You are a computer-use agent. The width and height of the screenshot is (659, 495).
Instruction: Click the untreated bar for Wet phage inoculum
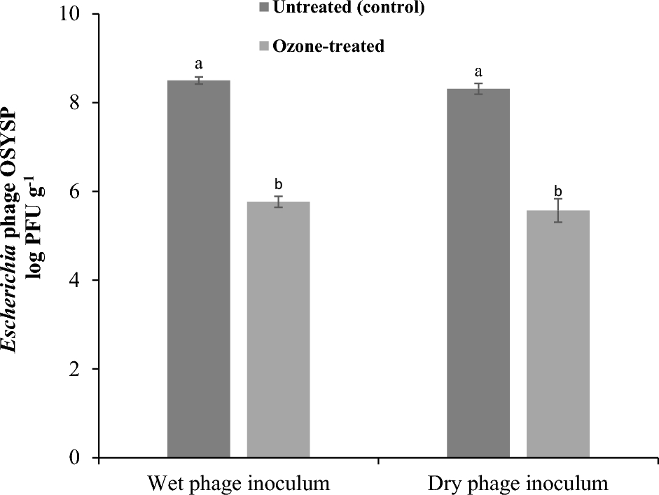[x=199, y=269]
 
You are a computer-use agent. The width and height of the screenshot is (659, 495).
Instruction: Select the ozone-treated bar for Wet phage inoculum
[x=278, y=329]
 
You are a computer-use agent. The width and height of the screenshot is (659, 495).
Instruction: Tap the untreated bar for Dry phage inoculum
[x=478, y=273]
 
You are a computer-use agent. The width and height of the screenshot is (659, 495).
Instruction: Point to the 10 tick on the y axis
[x=72, y=15]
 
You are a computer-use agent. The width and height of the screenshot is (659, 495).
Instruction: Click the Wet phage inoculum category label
[x=238, y=483]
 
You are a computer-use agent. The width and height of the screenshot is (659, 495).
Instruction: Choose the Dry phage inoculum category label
[x=518, y=483]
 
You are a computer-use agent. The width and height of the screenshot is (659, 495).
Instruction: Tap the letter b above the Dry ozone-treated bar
[x=558, y=190]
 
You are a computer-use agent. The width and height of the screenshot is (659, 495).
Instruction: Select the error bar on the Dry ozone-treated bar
[x=558, y=210]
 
